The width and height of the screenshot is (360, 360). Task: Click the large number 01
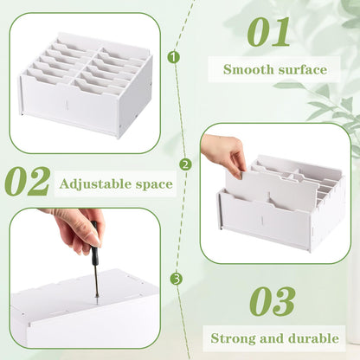(x=268, y=32)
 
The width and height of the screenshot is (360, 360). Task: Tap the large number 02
(x=28, y=181)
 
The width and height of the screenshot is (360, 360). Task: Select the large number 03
(x=272, y=301)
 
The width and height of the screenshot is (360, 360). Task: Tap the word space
(x=154, y=185)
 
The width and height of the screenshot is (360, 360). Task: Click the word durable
(x=313, y=338)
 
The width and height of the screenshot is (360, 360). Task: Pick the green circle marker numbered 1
(x=173, y=57)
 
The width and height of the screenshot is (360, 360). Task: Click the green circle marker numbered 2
(x=185, y=165)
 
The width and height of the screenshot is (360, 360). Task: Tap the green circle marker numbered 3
(x=177, y=279)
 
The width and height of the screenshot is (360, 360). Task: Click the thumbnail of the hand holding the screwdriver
(x=85, y=279)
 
